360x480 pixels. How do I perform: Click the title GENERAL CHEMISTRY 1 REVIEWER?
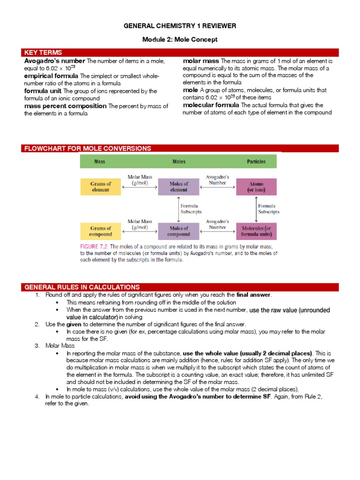(180, 25)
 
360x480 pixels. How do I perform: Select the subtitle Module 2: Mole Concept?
(180, 40)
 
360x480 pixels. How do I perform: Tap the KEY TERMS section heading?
(43, 52)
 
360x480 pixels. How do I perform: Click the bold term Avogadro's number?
(54, 61)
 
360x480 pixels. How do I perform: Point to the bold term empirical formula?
(52, 76)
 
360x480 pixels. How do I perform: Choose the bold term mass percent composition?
(66, 106)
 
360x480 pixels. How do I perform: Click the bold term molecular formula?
(211, 105)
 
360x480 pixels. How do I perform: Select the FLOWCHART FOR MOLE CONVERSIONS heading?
(88, 149)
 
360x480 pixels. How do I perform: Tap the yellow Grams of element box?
(101, 187)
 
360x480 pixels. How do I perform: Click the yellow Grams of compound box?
(101, 231)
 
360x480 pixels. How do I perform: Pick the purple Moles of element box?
(179, 187)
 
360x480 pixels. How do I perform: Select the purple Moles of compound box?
(179, 231)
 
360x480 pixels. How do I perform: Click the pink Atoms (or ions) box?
(256, 187)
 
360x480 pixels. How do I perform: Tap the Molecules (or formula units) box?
(256, 231)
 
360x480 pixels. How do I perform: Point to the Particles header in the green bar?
(256, 162)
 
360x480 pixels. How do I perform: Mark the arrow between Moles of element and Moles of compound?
(178, 209)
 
